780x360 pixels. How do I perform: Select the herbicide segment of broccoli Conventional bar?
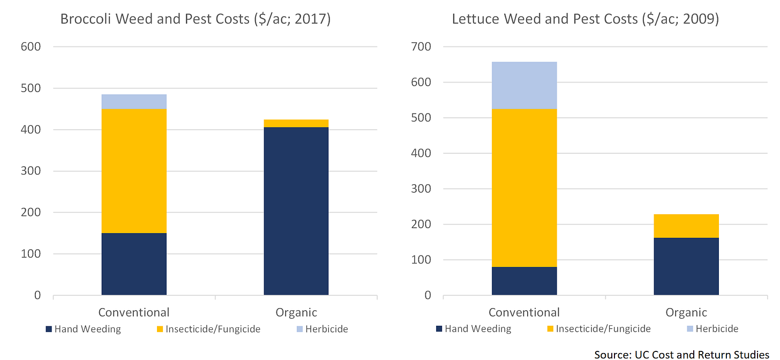[134, 102]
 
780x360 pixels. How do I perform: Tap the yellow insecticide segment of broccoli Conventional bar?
[134, 171]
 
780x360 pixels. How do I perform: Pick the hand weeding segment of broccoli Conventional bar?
[134, 264]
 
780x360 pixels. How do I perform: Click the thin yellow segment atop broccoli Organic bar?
[296, 124]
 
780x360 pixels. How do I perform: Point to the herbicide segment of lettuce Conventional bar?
[524, 86]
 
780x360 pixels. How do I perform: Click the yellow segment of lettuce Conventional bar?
[524, 187]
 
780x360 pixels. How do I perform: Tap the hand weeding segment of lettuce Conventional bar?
[524, 281]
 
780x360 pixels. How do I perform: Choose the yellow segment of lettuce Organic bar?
[686, 226]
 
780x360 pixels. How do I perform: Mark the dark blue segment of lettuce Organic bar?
[686, 266]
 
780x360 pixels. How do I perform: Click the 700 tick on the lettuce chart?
[422, 47]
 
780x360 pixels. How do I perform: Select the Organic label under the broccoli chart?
[296, 312]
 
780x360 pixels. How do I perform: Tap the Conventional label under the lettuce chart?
[524, 312]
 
